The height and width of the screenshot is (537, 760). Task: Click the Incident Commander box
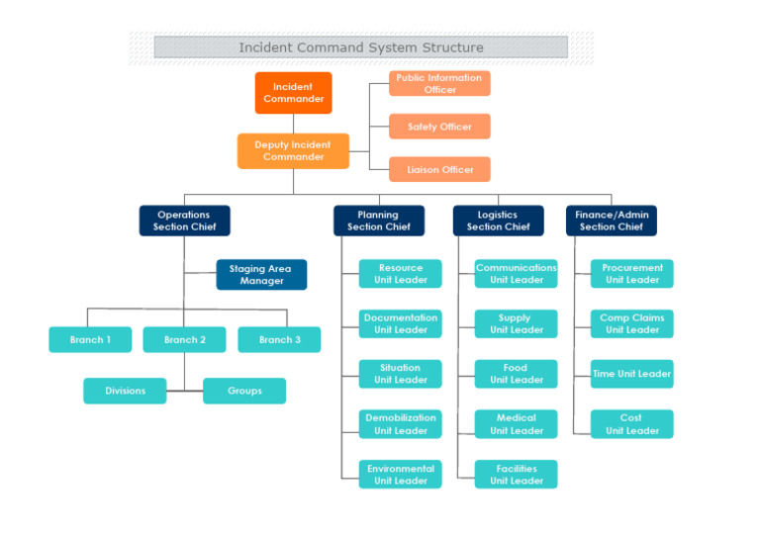tap(293, 93)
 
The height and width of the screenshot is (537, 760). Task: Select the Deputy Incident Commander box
tap(293, 151)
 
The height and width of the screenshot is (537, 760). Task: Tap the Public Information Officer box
tap(439, 84)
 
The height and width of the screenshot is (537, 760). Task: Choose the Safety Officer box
tap(439, 127)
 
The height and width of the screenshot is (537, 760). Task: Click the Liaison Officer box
tap(439, 169)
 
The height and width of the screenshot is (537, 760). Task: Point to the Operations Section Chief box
tap(184, 221)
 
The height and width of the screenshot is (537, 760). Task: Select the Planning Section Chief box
tap(378, 221)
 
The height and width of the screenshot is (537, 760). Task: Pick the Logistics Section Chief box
tap(498, 221)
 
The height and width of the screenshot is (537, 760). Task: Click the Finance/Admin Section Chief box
tap(611, 221)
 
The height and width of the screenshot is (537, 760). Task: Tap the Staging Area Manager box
tap(261, 275)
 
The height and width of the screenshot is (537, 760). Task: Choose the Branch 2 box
tap(184, 340)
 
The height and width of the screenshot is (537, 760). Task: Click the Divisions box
tap(125, 391)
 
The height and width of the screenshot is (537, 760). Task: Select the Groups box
tap(244, 391)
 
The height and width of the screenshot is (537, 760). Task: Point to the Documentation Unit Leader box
tap(401, 323)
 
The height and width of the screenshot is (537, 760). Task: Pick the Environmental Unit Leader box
tap(401, 475)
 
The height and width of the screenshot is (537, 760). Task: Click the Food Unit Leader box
tap(516, 374)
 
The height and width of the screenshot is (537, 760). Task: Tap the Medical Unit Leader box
tap(516, 424)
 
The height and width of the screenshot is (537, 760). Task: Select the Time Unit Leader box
tap(631, 374)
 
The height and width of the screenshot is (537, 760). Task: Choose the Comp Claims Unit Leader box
tap(631, 323)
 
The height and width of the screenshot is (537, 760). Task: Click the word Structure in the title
tap(450, 47)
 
